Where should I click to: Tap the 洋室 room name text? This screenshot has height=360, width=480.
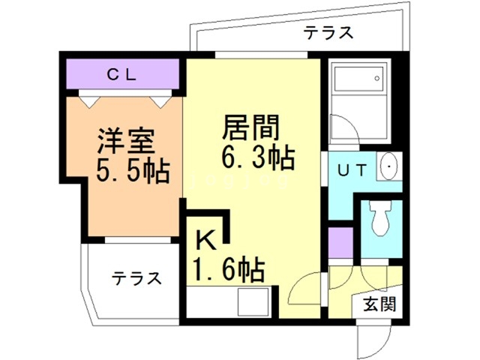point(125,141)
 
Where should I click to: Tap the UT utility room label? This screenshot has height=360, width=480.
point(352,170)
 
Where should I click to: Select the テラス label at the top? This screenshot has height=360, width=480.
point(328,32)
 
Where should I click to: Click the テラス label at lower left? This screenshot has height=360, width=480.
point(136,278)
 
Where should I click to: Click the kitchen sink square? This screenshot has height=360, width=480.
point(251,302)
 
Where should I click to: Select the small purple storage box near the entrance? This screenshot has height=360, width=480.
point(340,241)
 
